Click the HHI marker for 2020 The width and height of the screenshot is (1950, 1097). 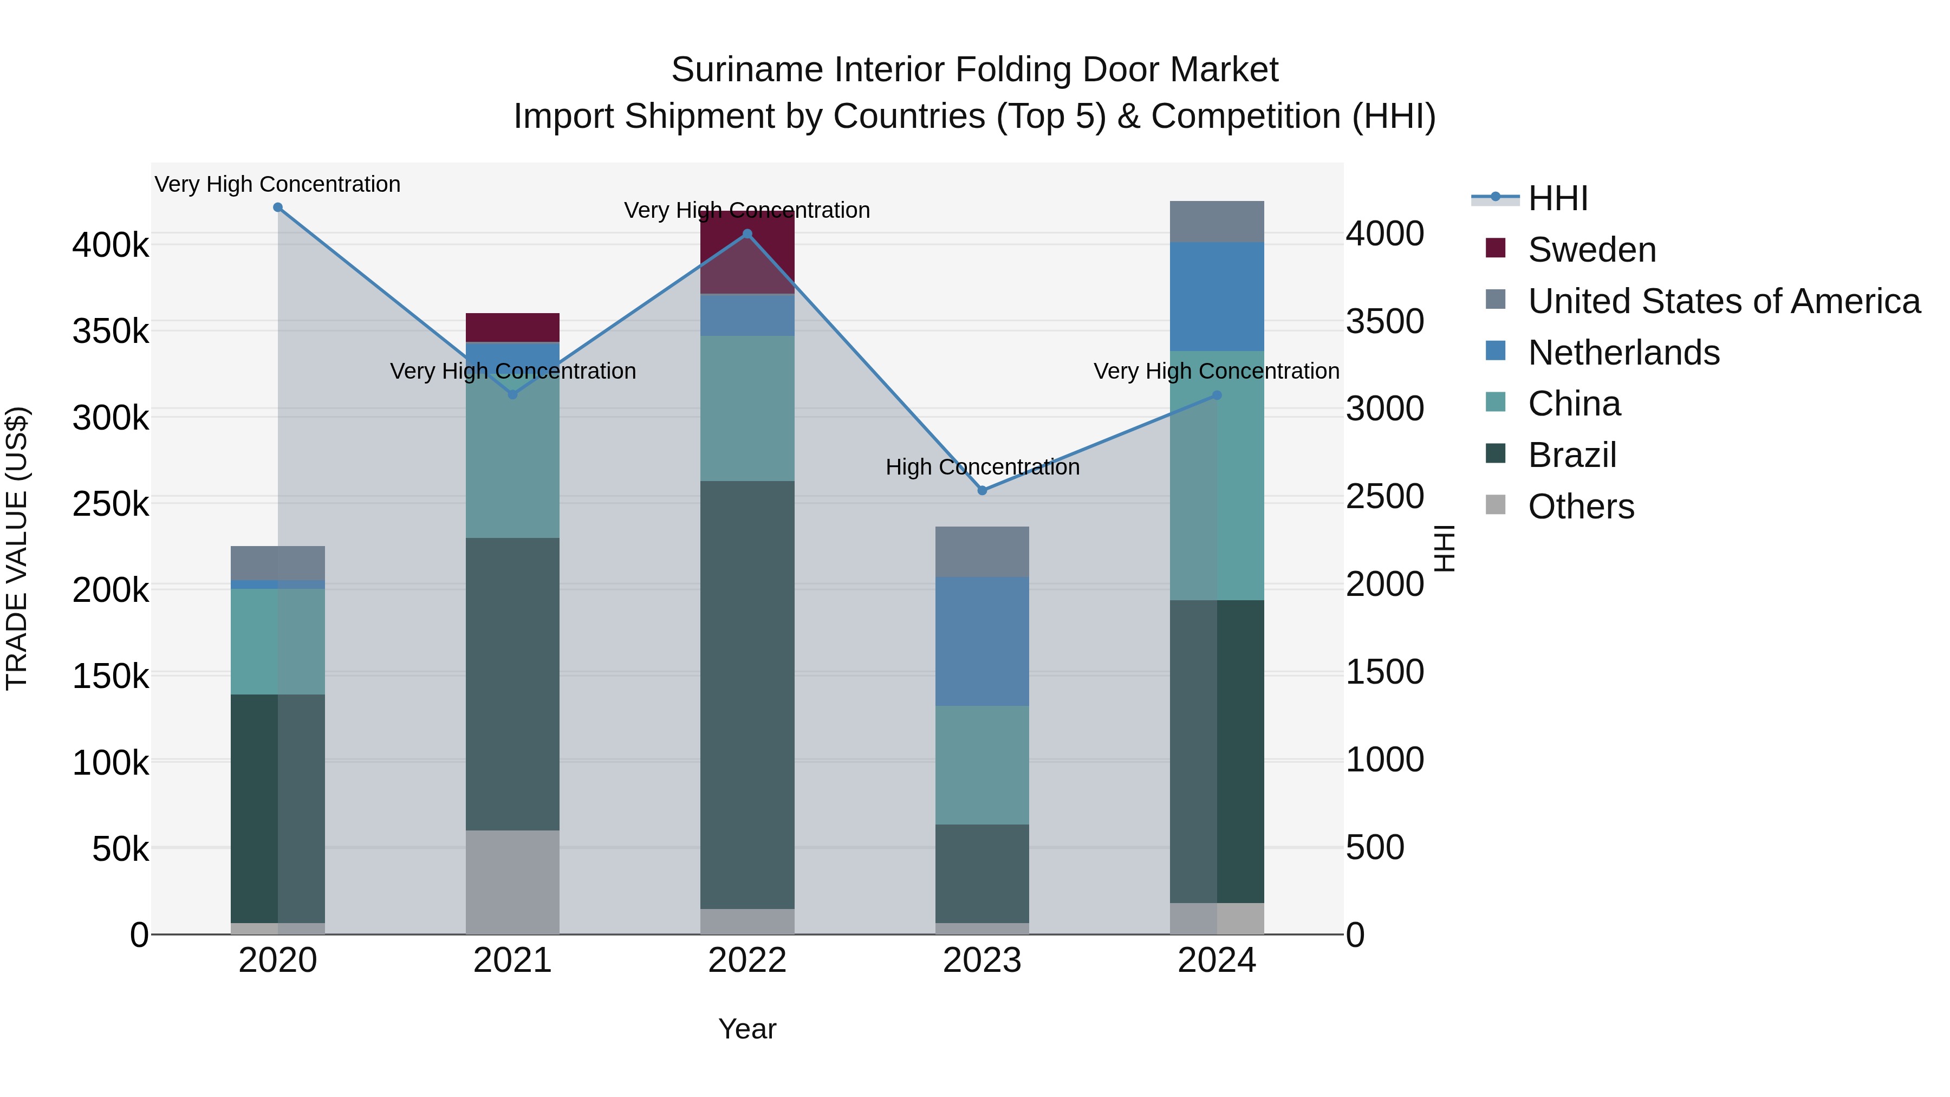(x=278, y=207)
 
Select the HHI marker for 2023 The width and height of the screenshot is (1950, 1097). (x=983, y=491)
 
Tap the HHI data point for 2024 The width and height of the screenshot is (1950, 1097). (x=1217, y=395)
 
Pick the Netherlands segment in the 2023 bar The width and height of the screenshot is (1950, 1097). (x=983, y=641)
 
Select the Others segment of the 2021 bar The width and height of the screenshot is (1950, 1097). (x=512, y=882)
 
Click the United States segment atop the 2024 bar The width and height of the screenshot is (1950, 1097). (x=1217, y=222)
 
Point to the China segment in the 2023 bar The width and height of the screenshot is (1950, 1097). (x=983, y=764)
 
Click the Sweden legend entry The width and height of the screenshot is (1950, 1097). (x=1591, y=250)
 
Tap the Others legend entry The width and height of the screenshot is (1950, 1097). (x=1581, y=507)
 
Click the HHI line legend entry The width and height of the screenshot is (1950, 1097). (x=1557, y=198)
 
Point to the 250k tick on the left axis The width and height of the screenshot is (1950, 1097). (x=110, y=503)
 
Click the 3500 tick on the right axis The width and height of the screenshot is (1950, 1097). (x=1384, y=321)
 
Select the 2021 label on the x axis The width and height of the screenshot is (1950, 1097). (x=512, y=960)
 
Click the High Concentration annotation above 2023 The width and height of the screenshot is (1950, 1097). (x=983, y=467)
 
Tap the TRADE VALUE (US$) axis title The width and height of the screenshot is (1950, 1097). (x=17, y=548)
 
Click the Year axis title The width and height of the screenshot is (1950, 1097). (x=747, y=1029)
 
